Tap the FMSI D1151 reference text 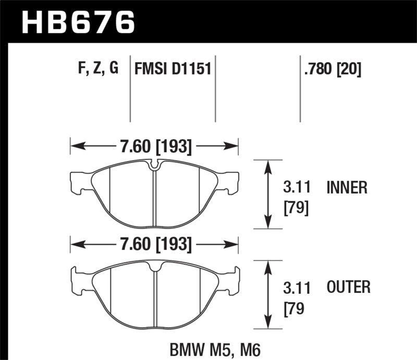pyautogui.click(x=173, y=69)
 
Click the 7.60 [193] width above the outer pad pyautogui.click(x=155, y=243)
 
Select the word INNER pyautogui.click(x=347, y=188)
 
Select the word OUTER pyautogui.click(x=348, y=287)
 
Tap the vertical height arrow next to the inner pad pyautogui.click(x=268, y=194)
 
